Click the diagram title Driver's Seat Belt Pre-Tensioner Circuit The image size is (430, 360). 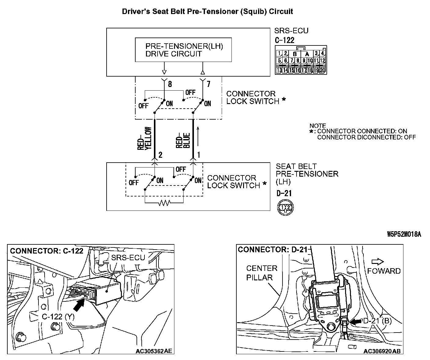[207, 12]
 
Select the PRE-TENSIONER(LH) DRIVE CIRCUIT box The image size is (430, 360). [183, 50]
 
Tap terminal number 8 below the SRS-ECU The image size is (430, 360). [170, 84]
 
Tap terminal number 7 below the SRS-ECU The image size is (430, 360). [208, 84]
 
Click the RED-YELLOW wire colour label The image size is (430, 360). [144, 138]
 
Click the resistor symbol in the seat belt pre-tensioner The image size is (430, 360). [164, 203]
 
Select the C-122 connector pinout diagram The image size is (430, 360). [301, 60]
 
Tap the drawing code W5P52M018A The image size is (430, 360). [404, 234]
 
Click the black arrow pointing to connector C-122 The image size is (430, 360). [79, 305]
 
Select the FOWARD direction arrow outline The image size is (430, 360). [378, 261]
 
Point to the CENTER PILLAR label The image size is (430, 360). [261, 273]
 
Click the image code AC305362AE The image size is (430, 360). [154, 351]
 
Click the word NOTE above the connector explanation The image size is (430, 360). [318, 126]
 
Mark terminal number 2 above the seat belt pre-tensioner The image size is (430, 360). [160, 155]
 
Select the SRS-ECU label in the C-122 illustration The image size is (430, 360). [128, 257]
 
